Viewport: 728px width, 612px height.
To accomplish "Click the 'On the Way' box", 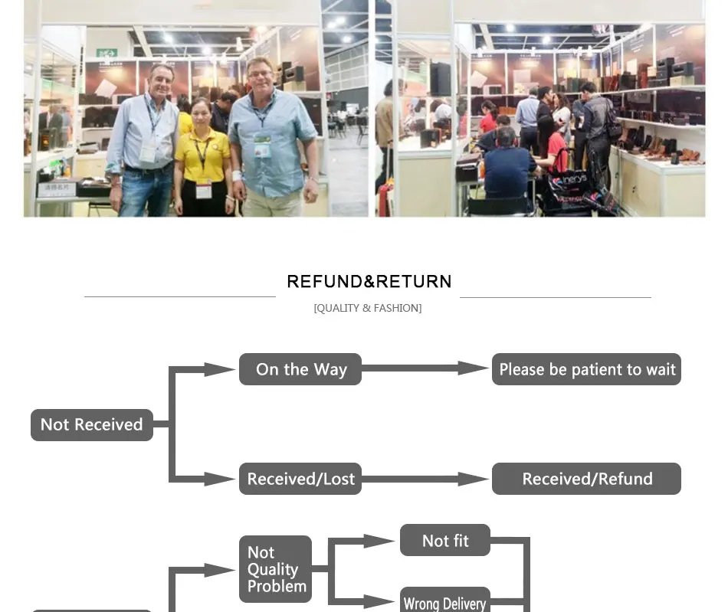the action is (300, 369).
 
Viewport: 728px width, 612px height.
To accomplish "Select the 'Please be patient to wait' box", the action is (586, 369).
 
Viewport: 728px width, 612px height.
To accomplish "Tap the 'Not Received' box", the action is (92, 424).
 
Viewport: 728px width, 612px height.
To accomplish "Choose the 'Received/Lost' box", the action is (300, 479).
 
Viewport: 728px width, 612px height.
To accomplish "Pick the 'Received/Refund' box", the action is (586, 479).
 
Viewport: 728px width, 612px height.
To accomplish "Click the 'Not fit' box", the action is (444, 540).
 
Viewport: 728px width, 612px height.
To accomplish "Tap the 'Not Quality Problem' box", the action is (275, 569).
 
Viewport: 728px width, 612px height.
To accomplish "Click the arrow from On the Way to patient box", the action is (425, 368).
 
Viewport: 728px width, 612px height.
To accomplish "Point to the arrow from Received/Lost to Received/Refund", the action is (425, 479).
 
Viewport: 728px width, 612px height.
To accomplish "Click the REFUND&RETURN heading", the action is (369, 282).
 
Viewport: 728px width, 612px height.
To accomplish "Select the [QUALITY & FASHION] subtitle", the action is (368, 308).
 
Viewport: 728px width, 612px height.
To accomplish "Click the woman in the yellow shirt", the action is (203, 158).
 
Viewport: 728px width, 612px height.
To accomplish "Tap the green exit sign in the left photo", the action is (107, 53).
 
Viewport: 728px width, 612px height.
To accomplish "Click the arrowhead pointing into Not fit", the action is (379, 541).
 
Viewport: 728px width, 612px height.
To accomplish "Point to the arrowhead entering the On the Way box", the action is (220, 369).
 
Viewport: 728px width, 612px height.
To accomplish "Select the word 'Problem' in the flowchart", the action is (277, 587).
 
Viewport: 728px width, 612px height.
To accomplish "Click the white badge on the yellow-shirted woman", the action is (203, 189).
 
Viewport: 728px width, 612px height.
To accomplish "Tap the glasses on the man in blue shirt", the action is (260, 74).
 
